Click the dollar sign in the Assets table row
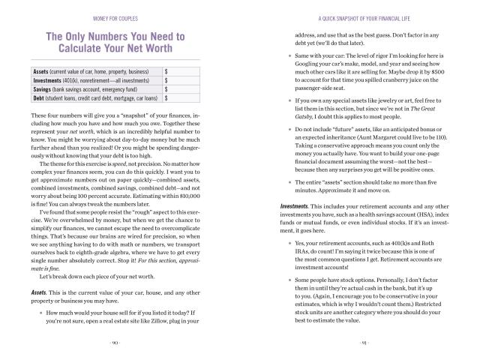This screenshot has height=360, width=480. (166, 71)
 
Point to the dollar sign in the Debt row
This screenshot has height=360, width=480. (166, 97)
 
